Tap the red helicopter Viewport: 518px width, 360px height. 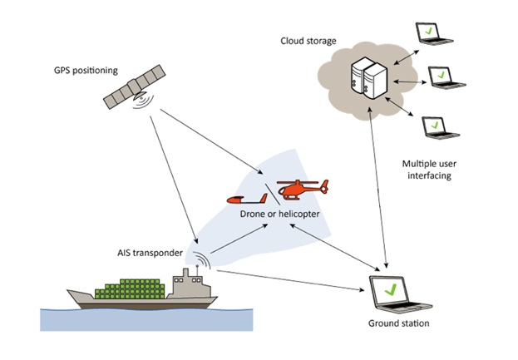click(301, 190)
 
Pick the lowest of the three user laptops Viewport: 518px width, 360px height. click(433, 127)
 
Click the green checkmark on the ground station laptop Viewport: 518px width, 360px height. click(388, 288)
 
